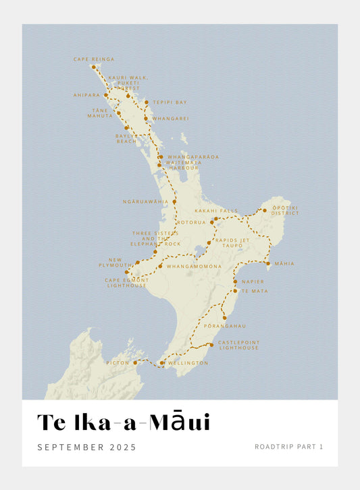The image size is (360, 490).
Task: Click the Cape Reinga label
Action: (x=93, y=59)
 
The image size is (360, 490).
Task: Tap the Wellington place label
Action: (x=188, y=363)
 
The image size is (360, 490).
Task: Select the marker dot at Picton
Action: (x=135, y=362)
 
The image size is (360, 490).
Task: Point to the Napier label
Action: (x=243, y=281)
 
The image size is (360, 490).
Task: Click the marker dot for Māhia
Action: (x=268, y=263)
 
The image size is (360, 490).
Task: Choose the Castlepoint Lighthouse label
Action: (x=238, y=345)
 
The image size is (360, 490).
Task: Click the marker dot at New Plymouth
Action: (x=137, y=263)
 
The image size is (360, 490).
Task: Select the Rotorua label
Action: (x=191, y=222)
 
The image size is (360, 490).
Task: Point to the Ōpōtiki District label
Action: (x=285, y=211)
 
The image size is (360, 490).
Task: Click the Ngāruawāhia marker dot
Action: (x=174, y=202)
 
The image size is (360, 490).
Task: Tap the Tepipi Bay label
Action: (x=170, y=103)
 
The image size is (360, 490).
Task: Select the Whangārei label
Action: (x=171, y=119)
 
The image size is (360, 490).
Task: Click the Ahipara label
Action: (x=86, y=95)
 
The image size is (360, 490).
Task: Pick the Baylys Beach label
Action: (x=126, y=138)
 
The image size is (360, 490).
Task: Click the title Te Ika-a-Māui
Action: (x=124, y=422)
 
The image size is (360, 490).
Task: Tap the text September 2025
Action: (x=86, y=447)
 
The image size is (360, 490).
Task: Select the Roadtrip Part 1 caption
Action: (x=288, y=446)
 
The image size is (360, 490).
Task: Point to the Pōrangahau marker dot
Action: (x=224, y=317)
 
